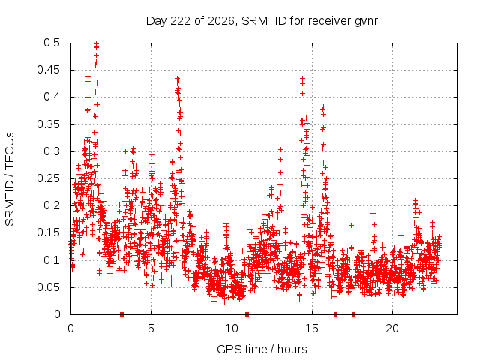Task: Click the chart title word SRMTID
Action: click(264, 21)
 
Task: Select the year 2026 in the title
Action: click(220, 21)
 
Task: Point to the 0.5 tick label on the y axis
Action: click(52, 43)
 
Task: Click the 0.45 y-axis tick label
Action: click(48, 70)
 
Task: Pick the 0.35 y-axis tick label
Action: click(48, 124)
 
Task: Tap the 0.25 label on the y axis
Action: click(48, 178)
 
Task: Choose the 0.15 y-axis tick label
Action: click(48, 232)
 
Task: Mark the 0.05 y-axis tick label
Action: click(48, 287)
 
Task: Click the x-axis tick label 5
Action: click(151, 328)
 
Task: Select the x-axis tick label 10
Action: click(232, 328)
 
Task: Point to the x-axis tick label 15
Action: click(312, 328)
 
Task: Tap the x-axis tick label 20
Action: click(392, 328)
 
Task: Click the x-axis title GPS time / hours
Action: click(262, 349)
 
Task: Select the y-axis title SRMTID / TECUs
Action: click(10, 179)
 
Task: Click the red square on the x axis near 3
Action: click(121, 314)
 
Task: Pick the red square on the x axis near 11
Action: click(247, 314)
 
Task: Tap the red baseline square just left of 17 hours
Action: click(336, 314)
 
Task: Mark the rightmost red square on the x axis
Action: click(354, 314)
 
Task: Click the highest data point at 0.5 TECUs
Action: click(97, 43)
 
